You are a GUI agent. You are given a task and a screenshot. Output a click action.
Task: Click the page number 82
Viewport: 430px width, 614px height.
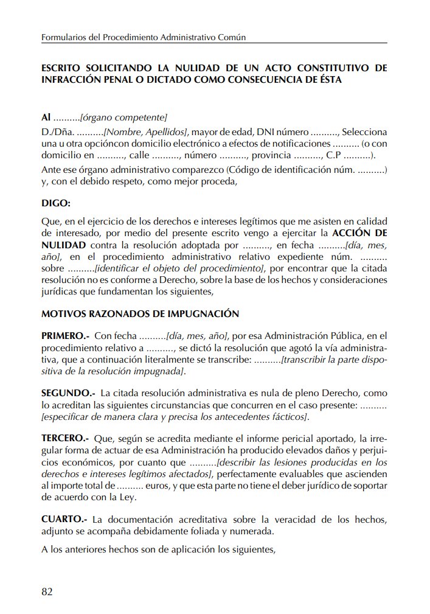[47, 591]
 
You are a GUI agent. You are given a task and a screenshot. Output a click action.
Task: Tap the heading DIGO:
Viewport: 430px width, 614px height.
[56, 202]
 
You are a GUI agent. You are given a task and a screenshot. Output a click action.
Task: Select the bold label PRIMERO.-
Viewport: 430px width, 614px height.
[66, 335]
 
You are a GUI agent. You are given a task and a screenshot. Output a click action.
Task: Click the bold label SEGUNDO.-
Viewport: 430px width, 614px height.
[68, 394]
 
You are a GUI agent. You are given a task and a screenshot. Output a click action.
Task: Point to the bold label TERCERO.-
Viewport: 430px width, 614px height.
[65, 438]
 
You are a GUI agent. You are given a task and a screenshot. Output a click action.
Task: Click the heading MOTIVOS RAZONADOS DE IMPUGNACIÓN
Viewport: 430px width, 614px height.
[140, 314]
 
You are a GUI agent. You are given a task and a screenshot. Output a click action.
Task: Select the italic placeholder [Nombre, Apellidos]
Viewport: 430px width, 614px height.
[146, 131]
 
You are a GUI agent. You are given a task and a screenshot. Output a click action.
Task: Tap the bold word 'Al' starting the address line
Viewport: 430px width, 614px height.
[46, 117]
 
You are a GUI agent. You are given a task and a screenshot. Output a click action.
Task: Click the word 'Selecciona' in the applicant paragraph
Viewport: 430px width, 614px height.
[364, 131]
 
